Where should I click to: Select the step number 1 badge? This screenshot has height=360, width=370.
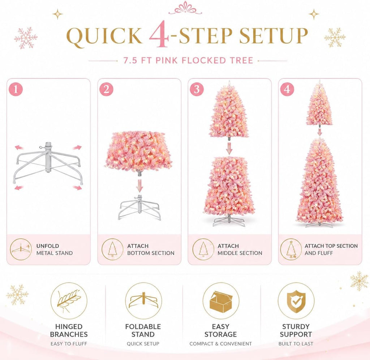(16, 89)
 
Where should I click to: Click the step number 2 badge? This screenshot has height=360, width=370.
(107, 89)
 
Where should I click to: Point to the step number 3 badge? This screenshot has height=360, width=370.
(197, 89)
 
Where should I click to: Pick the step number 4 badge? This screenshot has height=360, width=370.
(287, 89)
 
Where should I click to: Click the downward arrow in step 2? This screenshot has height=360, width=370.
(139, 186)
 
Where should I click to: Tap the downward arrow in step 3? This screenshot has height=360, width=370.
(229, 148)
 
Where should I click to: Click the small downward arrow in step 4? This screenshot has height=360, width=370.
(319, 132)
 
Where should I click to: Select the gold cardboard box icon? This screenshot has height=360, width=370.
(221, 301)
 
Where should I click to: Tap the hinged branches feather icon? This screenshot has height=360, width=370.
(69, 300)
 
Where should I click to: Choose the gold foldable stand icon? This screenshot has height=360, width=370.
(143, 301)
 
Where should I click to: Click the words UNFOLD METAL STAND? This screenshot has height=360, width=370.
(54, 250)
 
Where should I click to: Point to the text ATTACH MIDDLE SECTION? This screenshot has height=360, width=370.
(240, 250)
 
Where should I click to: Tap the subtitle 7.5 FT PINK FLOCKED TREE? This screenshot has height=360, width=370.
(188, 60)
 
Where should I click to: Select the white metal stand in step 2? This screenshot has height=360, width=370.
(139, 207)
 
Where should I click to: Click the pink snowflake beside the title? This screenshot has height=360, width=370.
(26, 38)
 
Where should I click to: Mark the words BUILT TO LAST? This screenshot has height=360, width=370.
(296, 344)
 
